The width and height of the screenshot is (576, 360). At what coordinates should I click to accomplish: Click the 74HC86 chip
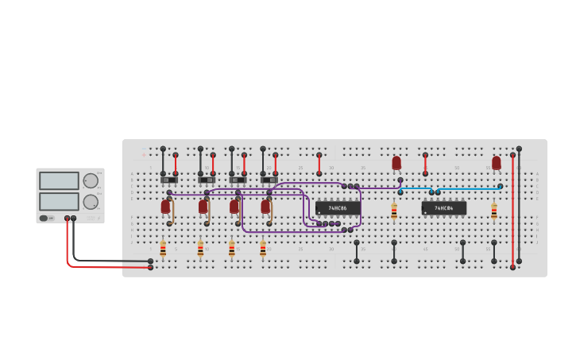click(x=338, y=208)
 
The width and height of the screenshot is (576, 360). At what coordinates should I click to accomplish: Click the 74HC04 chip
click(x=444, y=208)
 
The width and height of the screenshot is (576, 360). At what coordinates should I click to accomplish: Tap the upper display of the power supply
click(x=59, y=180)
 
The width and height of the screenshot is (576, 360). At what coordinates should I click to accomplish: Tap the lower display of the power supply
click(x=59, y=201)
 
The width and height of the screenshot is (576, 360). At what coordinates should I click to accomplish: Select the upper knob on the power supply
click(x=91, y=180)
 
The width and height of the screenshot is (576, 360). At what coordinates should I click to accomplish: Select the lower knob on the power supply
click(x=91, y=202)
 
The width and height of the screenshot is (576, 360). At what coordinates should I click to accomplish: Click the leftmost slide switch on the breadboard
click(x=169, y=180)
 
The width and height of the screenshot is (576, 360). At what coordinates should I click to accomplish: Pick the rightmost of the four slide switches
click(x=269, y=180)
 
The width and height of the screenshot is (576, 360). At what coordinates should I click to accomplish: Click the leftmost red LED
click(x=165, y=207)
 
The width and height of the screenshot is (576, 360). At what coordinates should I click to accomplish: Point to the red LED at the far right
click(x=497, y=163)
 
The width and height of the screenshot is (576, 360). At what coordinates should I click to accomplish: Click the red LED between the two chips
click(x=396, y=163)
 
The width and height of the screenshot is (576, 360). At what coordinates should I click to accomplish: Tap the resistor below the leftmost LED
click(x=163, y=249)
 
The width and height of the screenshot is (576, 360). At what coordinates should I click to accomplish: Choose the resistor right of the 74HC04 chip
click(x=493, y=211)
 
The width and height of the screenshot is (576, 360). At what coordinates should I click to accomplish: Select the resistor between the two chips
click(x=394, y=211)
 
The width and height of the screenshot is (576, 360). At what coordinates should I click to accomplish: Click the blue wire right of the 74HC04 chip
click(x=469, y=189)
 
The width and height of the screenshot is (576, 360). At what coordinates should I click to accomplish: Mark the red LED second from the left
click(x=203, y=207)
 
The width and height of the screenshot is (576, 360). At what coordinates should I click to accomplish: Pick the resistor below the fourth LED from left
click(x=263, y=249)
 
